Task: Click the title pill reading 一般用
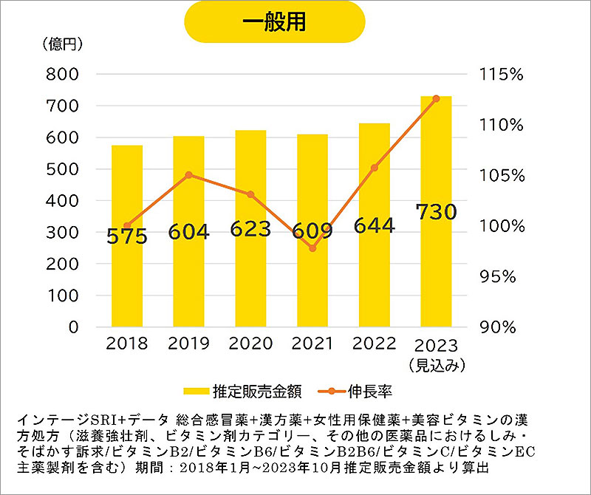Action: pyautogui.click(x=275, y=21)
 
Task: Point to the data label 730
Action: pyautogui.click(x=436, y=213)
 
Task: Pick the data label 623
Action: pyautogui.click(x=250, y=229)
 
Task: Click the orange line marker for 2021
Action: pyautogui.click(x=312, y=248)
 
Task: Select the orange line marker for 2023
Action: pyautogui.click(x=436, y=98)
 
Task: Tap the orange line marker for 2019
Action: pyautogui.click(x=189, y=175)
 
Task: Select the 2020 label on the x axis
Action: pyautogui.click(x=250, y=344)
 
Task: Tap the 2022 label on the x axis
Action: pyautogui.click(x=374, y=344)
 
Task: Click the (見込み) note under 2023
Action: pyautogui.click(x=436, y=365)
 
